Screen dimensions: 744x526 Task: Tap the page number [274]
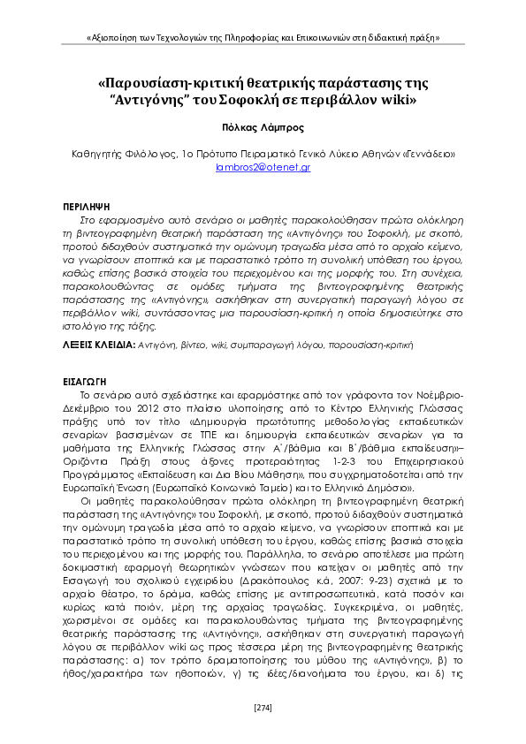coord(263,706)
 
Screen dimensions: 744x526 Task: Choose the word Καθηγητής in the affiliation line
coord(96,154)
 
